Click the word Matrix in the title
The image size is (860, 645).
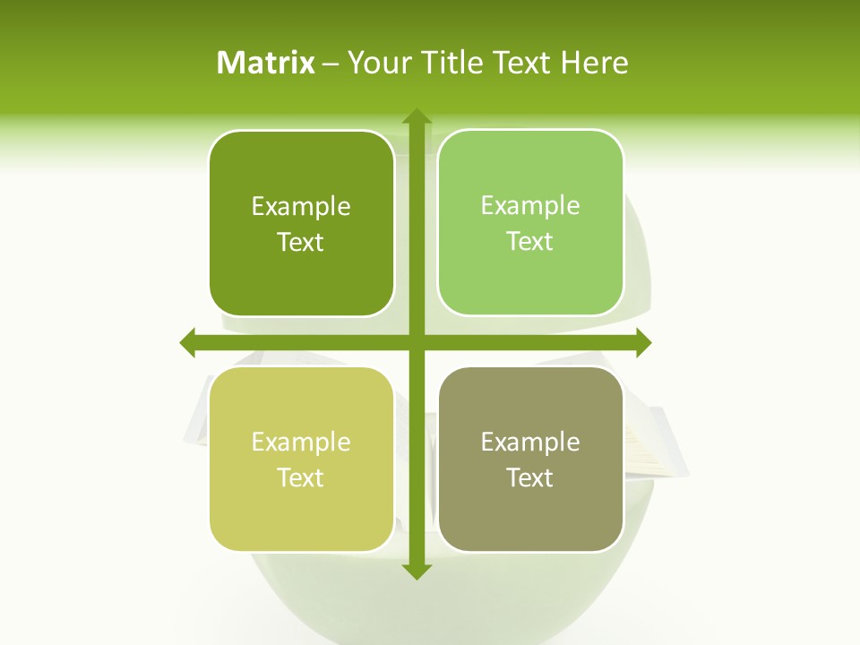coord(266,63)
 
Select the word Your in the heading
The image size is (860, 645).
coord(375,63)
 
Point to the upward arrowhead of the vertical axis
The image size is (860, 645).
coord(416,116)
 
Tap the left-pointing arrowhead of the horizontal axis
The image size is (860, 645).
coord(188,342)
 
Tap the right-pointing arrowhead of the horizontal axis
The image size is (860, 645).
coord(642,342)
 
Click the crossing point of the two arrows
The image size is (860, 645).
coord(416,342)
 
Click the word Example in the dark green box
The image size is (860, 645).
coord(301,207)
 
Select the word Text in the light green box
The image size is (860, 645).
coord(530,241)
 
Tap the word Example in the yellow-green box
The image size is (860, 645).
coord(301,443)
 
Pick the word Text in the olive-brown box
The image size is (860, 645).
coord(530,477)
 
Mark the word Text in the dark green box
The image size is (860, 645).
coord(301,242)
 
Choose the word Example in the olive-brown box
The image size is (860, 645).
coord(530,443)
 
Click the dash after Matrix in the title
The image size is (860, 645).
coord(331,64)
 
